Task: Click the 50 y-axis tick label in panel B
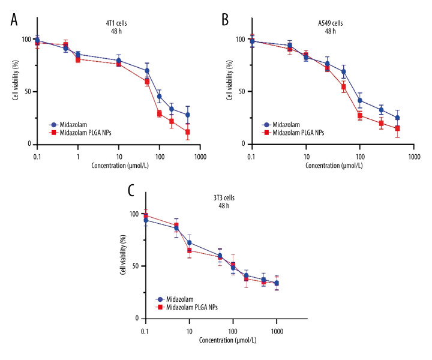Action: coord(240,92)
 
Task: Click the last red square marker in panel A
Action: coord(188,132)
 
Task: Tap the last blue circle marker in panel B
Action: coord(397,118)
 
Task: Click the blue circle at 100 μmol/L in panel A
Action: coord(160,97)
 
